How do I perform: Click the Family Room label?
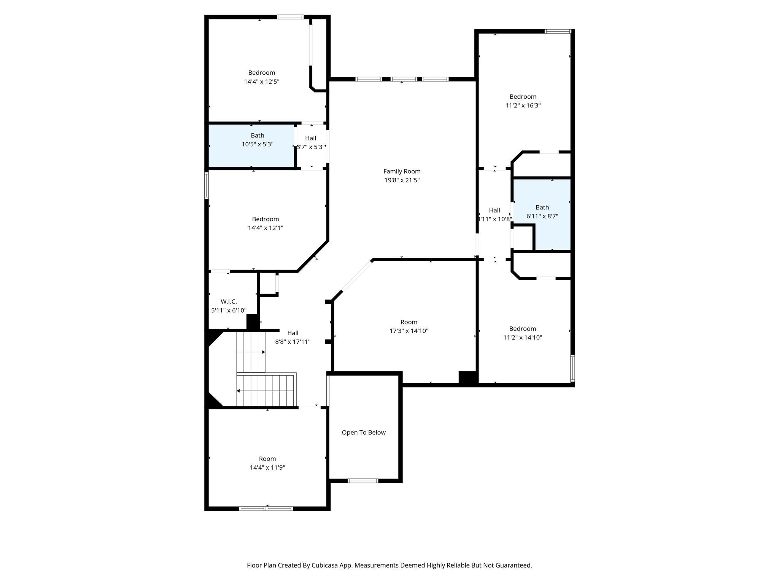402,171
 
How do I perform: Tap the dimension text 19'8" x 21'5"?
402,180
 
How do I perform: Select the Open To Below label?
364,432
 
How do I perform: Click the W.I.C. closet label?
229,302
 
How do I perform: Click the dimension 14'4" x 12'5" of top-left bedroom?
262,82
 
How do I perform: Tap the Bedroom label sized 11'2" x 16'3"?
523,97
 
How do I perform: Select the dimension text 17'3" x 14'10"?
409,331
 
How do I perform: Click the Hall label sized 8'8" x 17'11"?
293,333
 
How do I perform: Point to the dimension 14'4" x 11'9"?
267,467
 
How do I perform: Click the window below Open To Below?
363,481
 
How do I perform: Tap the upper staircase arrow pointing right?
263,352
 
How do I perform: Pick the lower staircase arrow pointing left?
238,391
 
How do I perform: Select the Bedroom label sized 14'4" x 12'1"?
265,219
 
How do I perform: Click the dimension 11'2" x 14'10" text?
522,337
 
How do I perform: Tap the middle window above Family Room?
404,79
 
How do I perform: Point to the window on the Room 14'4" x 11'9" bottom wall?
266,508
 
